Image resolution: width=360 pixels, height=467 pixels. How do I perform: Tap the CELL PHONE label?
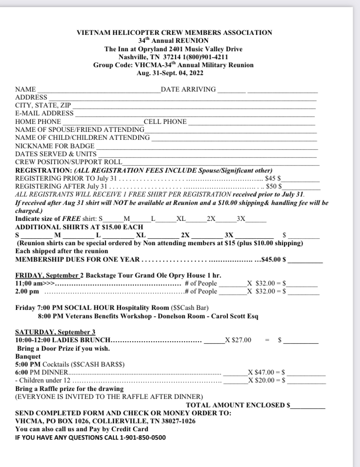(165, 121)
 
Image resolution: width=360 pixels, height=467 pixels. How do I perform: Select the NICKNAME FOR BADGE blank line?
(206, 147)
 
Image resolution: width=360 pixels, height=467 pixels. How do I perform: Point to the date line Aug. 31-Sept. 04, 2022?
(173, 73)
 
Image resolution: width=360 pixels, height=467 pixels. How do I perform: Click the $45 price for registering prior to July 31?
(270, 178)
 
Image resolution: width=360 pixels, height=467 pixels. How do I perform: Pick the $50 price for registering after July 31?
(271, 186)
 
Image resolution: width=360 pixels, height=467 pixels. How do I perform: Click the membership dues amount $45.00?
(273, 260)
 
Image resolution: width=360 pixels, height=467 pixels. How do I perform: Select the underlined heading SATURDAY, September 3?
(55, 332)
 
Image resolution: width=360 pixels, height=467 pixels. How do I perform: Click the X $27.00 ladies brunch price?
(238, 340)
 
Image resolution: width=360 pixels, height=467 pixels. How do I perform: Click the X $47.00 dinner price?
(261, 372)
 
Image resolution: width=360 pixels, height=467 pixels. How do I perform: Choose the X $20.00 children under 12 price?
(261, 380)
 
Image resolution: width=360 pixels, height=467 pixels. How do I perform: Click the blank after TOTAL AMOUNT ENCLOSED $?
(308, 406)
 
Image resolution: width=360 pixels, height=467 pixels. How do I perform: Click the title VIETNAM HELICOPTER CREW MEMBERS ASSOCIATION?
(175, 33)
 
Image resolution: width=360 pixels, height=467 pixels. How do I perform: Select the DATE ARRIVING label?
(188, 90)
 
